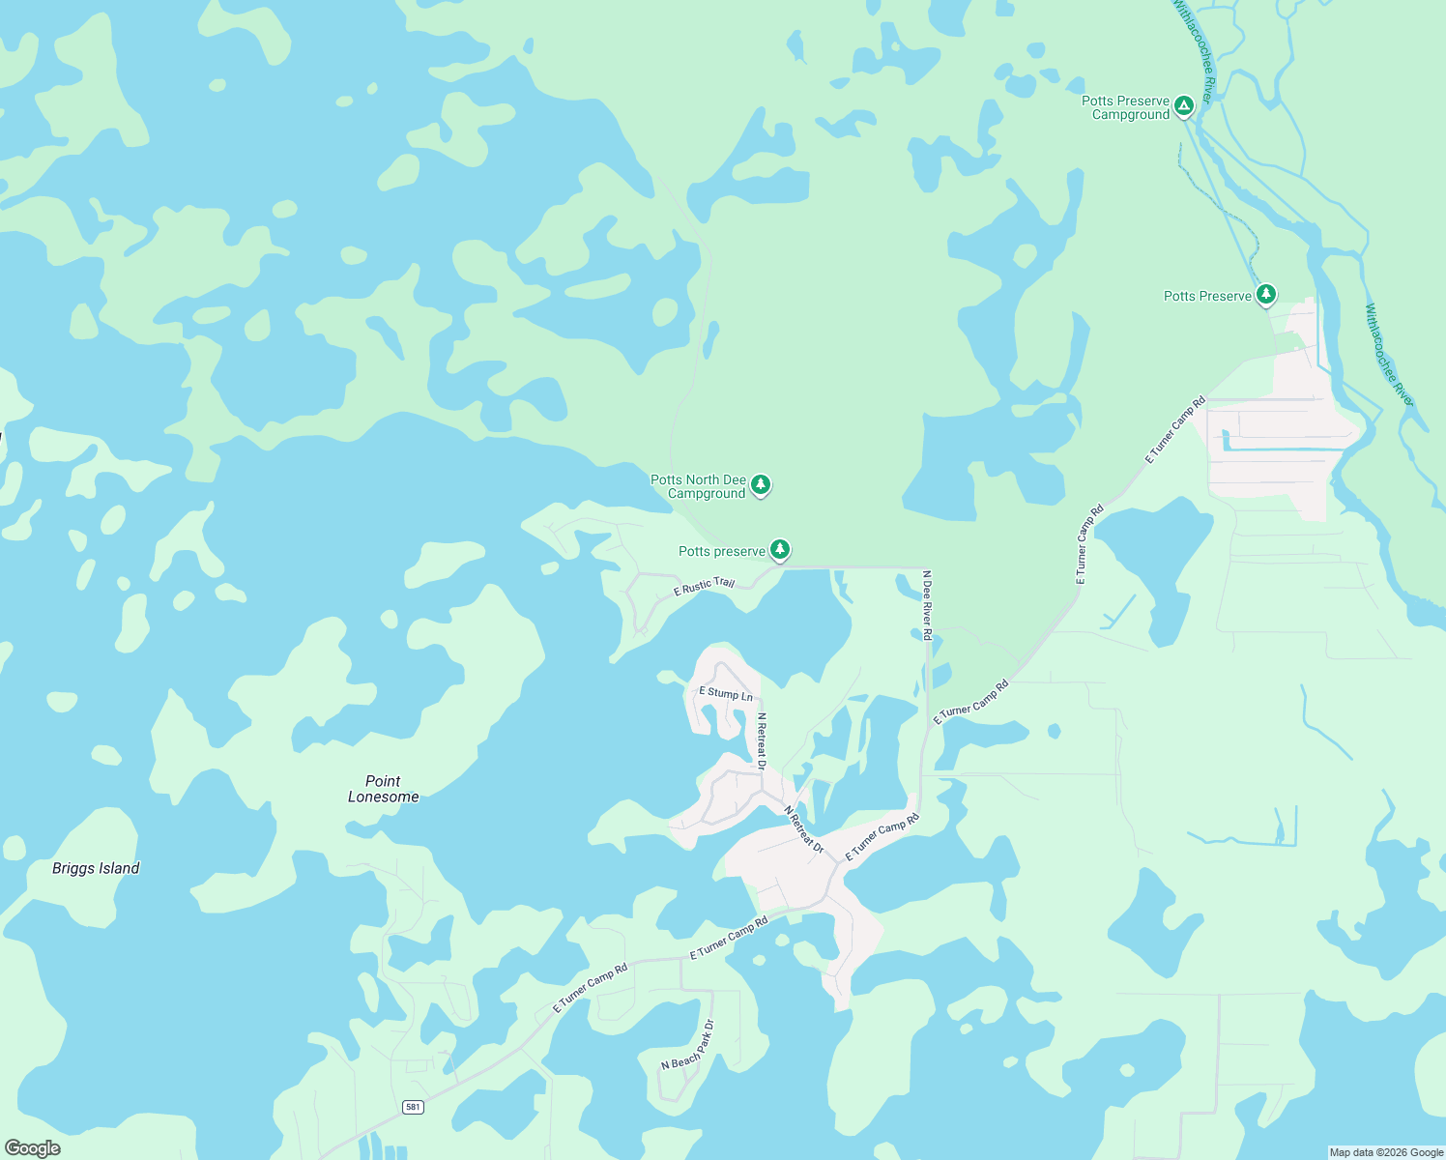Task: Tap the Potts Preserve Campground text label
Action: click(1126, 107)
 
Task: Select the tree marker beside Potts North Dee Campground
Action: click(761, 484)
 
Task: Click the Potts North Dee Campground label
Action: click(698, 486)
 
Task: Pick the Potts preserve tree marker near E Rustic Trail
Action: click(780, 550)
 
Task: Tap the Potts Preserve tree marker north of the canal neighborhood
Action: click(1266, 295)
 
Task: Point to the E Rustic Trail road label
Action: click(704, 586)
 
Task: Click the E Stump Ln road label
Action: click(726, 693)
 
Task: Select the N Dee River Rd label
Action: click(927, 605)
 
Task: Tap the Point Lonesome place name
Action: click(384, 789)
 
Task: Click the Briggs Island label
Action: click(96, 868)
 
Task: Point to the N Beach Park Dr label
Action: click(687, 1045)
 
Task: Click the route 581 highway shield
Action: click(414, 1107)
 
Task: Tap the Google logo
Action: click(33, 1148)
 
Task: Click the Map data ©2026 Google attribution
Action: click(1386, 1152)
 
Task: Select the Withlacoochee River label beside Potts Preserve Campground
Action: click(1194, 50)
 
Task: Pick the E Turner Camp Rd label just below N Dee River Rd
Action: click(970, 703)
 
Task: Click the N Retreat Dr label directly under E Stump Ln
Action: click(762, 741)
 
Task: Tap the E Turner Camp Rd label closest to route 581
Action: click(591, 988)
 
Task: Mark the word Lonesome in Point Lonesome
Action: click(384, 797)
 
